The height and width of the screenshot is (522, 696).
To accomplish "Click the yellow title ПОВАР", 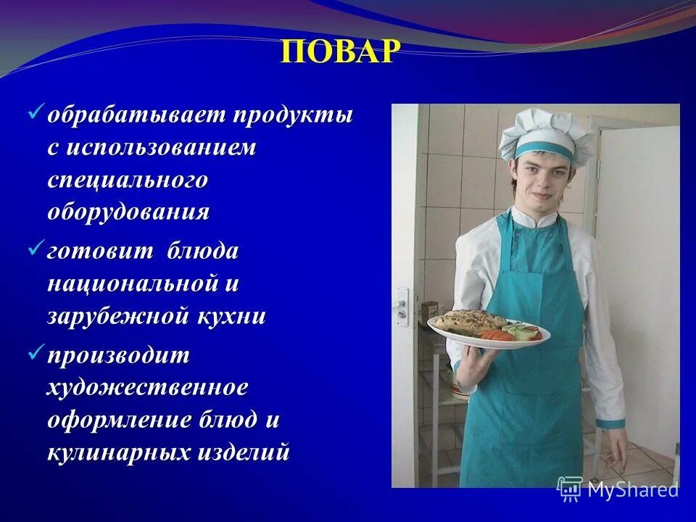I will click(340, 52).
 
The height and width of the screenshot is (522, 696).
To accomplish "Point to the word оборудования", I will click(128, 212).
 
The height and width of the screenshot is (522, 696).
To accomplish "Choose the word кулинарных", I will click(117, 452).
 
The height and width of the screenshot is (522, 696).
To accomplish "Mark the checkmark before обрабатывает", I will click(36, 114).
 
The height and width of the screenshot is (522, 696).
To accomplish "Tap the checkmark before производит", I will click(36, 354).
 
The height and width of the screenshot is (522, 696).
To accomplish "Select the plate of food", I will click(487, 328).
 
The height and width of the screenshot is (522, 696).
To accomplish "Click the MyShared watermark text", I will click(632, 489).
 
